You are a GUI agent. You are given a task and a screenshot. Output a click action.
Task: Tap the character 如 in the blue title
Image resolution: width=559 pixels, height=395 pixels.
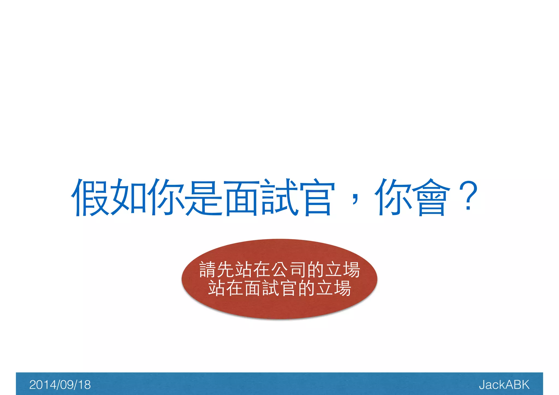[129, 197]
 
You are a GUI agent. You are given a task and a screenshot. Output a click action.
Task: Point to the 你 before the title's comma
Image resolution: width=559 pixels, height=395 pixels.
[166, 197]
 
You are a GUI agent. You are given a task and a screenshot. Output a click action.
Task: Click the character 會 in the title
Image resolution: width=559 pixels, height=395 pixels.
[431, 197]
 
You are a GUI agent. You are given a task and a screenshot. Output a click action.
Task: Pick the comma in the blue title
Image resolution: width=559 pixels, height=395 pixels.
[355, 199]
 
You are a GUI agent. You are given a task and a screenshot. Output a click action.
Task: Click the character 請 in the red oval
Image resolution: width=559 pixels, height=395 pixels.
[208, 269]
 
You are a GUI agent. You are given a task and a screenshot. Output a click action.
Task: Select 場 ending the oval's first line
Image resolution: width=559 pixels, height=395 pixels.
[352, 269]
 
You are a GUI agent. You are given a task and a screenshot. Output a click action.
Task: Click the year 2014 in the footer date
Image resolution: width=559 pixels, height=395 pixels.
[41, 385]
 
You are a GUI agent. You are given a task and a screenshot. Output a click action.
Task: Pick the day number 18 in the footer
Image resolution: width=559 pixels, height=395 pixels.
[84, 385]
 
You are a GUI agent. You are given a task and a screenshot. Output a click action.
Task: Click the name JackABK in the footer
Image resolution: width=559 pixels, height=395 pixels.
[504, 385]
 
